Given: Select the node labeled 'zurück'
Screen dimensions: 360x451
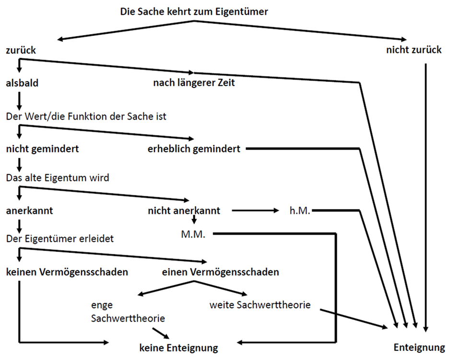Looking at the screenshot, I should click(x=21, y=50).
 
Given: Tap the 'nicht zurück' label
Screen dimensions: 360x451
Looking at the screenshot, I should click(x=414, y=50).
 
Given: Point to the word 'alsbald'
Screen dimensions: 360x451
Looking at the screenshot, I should click(x=22, y=83).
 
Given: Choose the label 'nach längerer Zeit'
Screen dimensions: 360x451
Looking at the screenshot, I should click(x=194, y=83).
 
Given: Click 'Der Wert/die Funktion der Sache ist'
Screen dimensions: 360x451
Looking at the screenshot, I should click(x=86, y=116).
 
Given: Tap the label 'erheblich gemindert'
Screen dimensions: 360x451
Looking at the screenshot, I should click(x=194, y=149).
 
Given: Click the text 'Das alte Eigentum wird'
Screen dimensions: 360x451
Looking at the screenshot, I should click(x=58, y=178).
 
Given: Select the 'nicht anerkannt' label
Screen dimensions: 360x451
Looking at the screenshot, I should click(x=184, y=210).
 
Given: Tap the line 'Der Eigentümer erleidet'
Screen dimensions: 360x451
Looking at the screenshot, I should click(x=59, y=239).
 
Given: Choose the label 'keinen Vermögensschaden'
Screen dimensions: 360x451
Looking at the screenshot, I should click(x=67, y=272).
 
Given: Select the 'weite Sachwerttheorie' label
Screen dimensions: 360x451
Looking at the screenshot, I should click(x=260, y=304).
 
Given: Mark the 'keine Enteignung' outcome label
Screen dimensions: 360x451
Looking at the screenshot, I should click(x=178, y=347).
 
